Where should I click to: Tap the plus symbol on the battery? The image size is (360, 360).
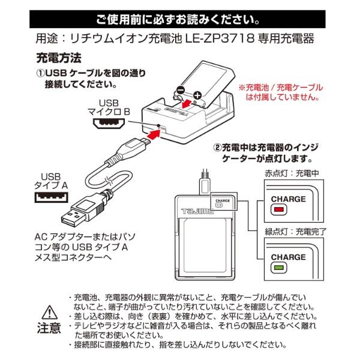[197, 95]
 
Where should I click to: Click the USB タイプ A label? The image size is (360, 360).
[48, 181]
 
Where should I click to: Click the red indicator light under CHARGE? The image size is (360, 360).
[280, 211]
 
